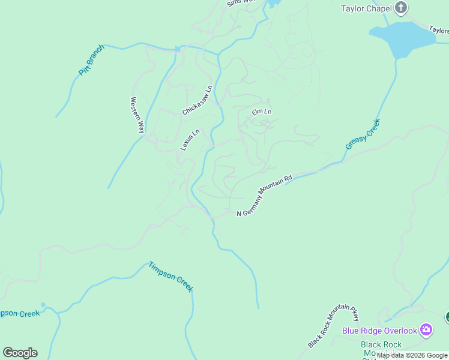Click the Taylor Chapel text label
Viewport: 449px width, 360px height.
point(366,8)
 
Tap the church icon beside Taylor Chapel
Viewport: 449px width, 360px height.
point(402,8)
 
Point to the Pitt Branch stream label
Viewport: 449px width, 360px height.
point(91,60)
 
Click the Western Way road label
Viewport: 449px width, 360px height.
point(138,115)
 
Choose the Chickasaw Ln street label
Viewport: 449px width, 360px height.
point(197,100)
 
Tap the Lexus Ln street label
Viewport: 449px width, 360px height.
point(190,140)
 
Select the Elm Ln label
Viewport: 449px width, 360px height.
point(261,112)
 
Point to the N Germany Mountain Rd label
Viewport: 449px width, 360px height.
point(264,196)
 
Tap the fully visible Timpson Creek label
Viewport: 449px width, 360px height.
point(171,277)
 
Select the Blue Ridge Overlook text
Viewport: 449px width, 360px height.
point(379,331)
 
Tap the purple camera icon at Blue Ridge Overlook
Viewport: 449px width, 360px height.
point(426,329)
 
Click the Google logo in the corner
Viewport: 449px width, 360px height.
point(20,353)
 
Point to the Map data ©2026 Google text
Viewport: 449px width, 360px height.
point(412,355)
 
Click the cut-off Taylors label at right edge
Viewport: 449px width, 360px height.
point(439,29)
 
